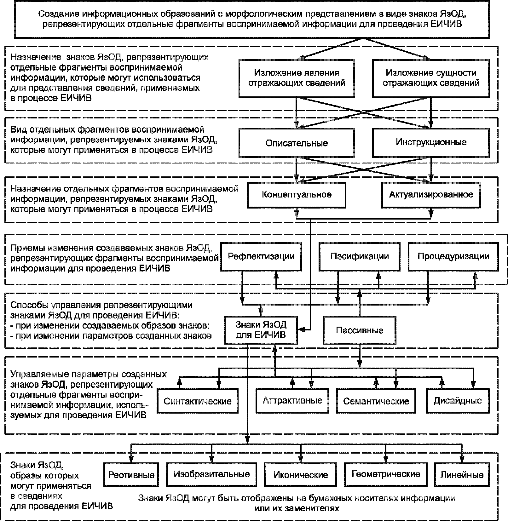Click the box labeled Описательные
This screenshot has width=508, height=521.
point(296,143)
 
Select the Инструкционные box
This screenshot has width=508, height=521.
point(431,142)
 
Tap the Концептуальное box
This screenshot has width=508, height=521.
point(296,195)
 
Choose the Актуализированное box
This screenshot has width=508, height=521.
point(431,195)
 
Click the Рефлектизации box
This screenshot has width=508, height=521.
point(261,256)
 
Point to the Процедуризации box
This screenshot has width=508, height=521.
point(453,256)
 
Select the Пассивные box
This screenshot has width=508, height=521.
point(359,330)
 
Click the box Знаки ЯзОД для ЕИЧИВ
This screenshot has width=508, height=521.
point(261,329)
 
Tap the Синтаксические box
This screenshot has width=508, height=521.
point(198,401)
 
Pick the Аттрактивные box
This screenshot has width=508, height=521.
point(292,401)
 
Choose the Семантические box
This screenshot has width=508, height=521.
point(376,401)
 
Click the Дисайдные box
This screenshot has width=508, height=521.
point(458,401)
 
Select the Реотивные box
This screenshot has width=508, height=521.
point(131,475)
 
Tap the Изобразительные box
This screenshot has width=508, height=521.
point(211,474)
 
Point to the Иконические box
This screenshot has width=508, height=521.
point(300,475)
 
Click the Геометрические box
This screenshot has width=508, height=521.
point(386,474)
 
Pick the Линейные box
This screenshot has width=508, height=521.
point(462,475)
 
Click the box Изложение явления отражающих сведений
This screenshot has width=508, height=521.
point(296,78)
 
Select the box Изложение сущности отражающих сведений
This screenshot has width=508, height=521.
point(431,78)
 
